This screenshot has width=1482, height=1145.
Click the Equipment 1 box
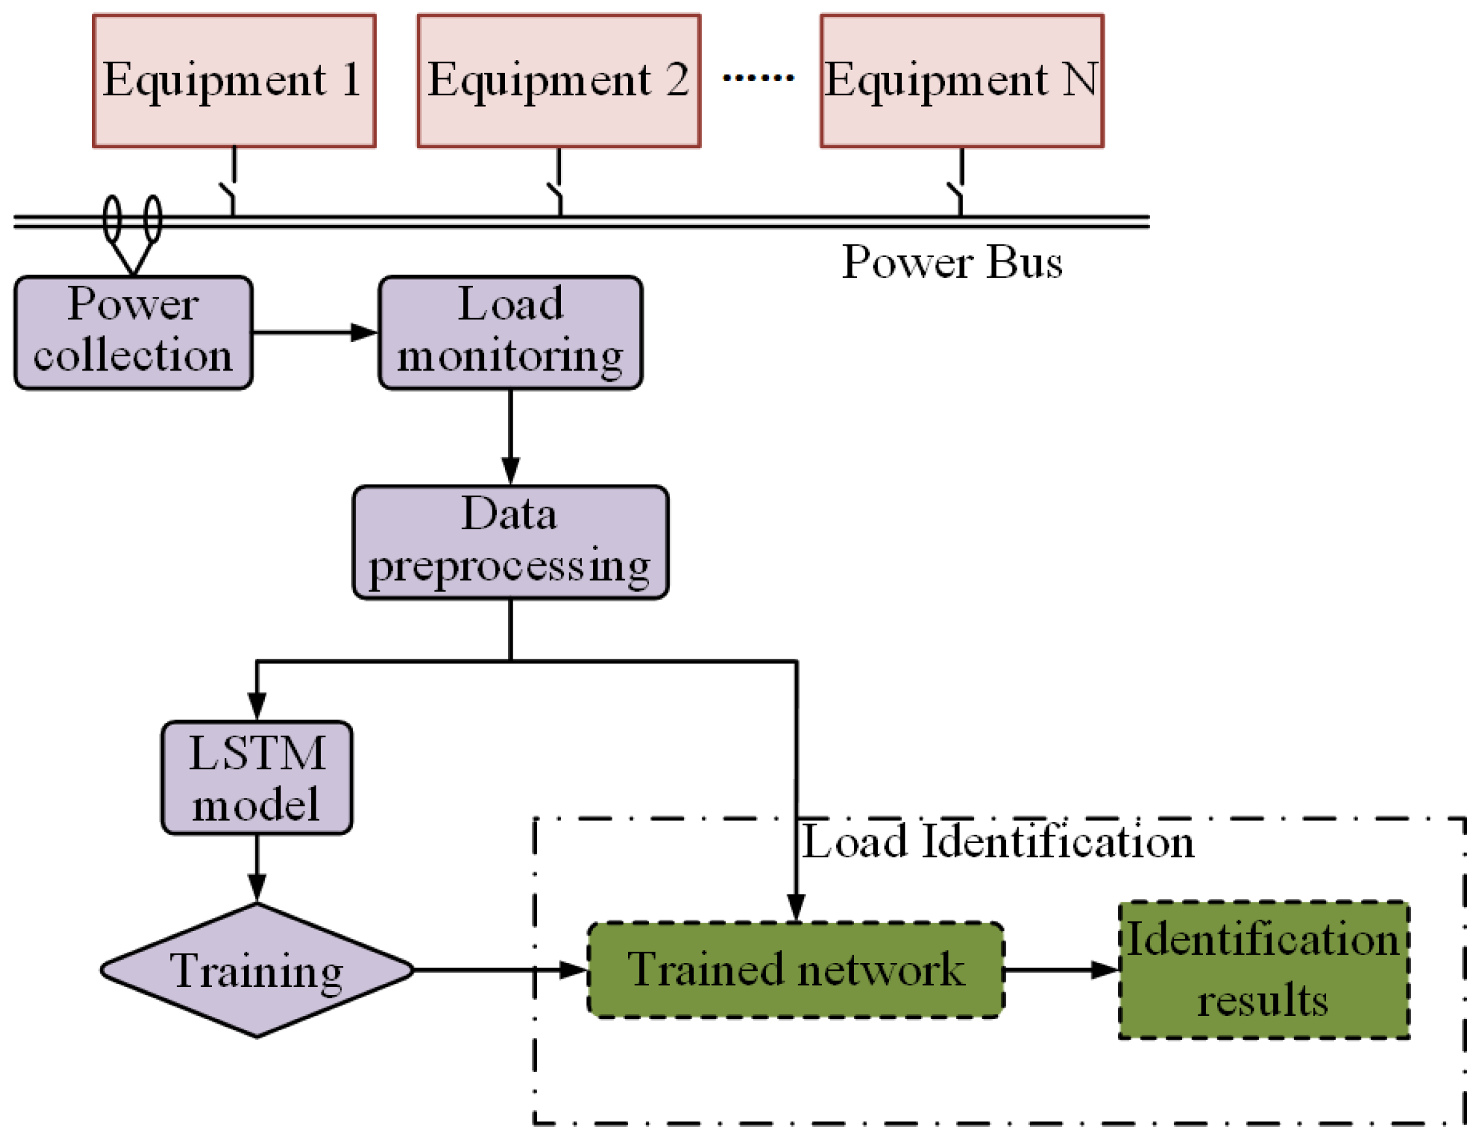234,80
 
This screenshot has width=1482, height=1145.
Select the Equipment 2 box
558,80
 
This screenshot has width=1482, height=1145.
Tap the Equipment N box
961,80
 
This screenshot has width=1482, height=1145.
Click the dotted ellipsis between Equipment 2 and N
759,78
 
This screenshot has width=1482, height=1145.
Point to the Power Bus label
951,262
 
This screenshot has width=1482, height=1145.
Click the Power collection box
133,332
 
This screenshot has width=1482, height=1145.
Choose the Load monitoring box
510,332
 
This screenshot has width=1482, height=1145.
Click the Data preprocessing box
510,542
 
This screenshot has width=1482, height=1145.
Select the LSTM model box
256,777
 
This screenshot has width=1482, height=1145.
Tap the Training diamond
256,970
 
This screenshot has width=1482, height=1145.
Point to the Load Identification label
997,842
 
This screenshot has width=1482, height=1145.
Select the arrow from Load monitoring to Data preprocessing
510,437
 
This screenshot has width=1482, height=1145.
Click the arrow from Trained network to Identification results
1061,969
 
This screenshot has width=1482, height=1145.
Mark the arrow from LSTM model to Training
256,868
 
